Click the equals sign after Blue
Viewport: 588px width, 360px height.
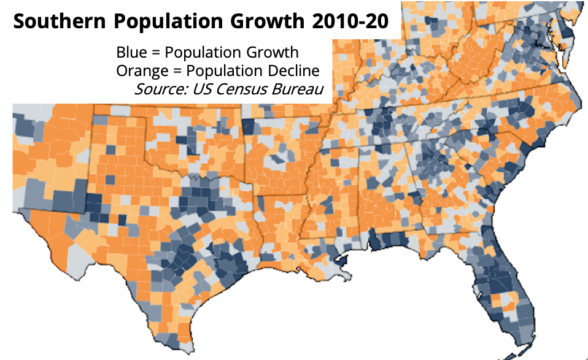(x=154, y=52)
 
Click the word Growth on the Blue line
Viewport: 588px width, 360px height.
(x=275, y=52)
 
